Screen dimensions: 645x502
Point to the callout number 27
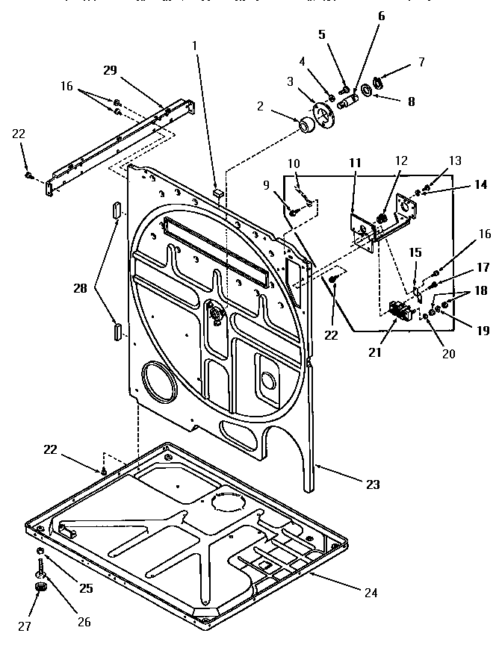point(25,626)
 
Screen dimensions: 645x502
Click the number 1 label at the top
point(195,45)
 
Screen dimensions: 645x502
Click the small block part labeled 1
point(217,192)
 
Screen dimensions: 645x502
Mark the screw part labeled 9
point(293,213)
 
